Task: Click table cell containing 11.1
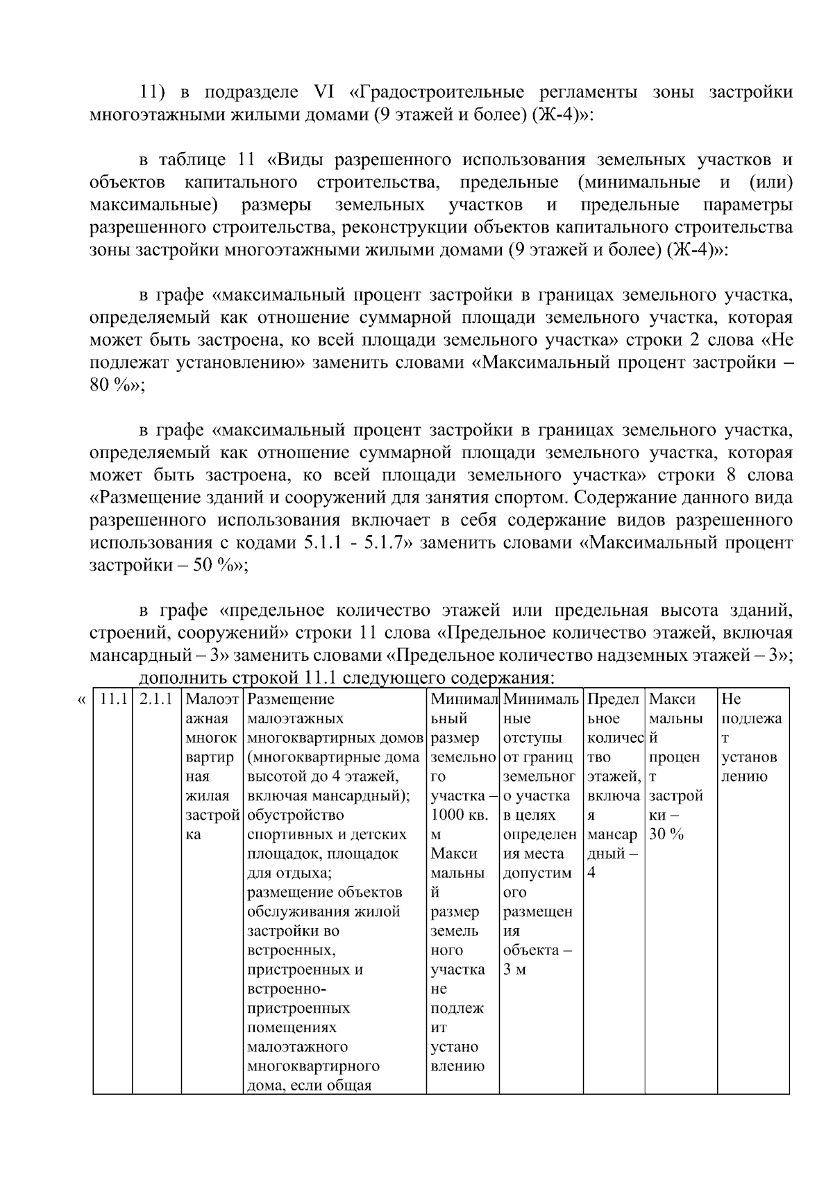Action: pyautogui.click(x=112, y=699)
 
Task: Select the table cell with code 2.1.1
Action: pyautogui.click(x=156, y=699)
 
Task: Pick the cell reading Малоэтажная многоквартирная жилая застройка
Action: pyautogui.click(x=212, y=766)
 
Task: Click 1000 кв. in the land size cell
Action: pyautogui.click(x=460, y=815)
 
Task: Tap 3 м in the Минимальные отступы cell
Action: pyautogui.click(x=514, y=970)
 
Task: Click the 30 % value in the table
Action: pyautogui.click(x=666, y=834)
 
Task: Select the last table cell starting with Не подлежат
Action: pyautogui.click(x=752, y=737)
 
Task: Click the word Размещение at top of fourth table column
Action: pyautogui.click(x=290, y=699)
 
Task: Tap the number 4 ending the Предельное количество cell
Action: pyautogui.click(x=591, y=873)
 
